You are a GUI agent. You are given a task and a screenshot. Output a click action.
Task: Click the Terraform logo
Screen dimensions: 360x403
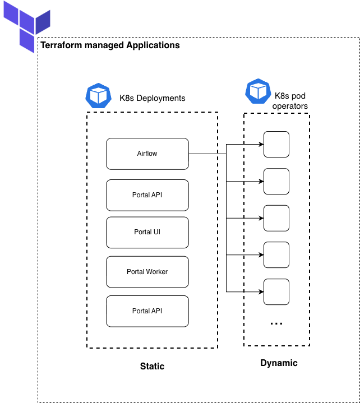point(27,26)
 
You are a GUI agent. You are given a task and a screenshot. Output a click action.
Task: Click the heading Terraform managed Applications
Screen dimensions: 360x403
point(110,45)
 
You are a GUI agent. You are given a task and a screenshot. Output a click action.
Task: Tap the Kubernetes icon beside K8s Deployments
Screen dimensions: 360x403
point(99,95)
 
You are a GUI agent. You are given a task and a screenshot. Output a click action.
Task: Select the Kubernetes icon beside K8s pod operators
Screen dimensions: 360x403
point(258,91)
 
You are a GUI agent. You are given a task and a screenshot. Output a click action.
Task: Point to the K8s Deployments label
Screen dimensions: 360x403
point(152,98)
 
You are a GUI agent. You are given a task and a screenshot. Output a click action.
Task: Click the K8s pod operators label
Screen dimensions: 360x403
point(290,101)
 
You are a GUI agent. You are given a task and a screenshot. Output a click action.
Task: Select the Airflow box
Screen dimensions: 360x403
point(147,154)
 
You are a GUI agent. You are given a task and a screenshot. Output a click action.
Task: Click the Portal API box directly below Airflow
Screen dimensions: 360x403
point(147,195)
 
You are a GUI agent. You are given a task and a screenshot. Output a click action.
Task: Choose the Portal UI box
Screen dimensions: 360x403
point(147,233)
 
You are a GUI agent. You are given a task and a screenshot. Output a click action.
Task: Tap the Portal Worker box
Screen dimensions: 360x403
point(147,272)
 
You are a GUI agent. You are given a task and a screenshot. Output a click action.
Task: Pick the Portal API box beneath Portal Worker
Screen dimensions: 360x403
point(147,311)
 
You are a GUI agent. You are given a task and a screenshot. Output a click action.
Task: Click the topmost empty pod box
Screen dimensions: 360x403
point(276,144)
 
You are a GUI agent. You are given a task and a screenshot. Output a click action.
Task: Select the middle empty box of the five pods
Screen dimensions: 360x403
point(276,218)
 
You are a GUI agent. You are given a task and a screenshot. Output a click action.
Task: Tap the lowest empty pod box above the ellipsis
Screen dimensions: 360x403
point(276,291)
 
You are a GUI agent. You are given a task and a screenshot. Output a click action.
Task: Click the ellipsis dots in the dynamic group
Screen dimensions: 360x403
point(276,323)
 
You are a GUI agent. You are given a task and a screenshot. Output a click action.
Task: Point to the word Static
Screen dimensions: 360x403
point(152,366)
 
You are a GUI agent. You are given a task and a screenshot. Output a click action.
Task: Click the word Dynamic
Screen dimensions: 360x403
point(279,363)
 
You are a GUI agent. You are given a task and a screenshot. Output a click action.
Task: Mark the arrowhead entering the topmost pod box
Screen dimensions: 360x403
point(261,144)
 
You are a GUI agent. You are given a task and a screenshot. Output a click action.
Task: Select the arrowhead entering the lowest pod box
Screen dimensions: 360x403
point(261,291)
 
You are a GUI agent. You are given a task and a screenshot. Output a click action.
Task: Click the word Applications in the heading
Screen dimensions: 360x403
point(153,45)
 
